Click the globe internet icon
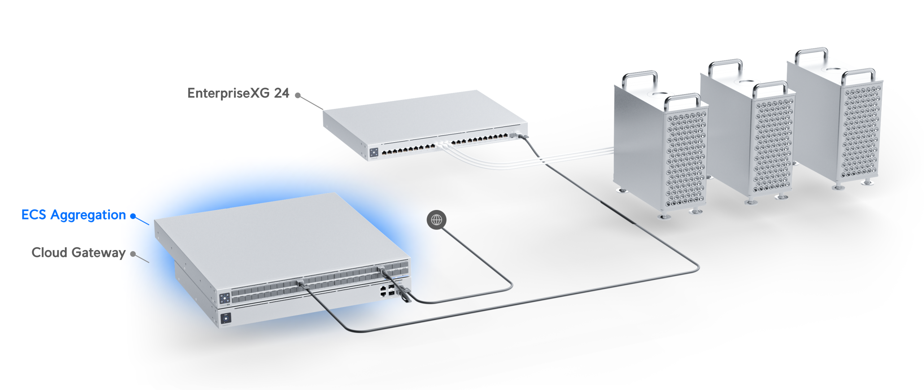click(x=436, y=220)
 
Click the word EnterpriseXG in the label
click(x=228, y=93)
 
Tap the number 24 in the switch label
click(x=282, y=93)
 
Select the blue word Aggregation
click(x=88, y=215)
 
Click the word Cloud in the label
click(x=49, y=253)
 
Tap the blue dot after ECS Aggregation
click(x=133, y=216)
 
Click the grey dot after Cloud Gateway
click(x=133, y=254)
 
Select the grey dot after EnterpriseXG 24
click(x=298, y=95)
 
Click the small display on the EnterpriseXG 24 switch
click(x=374, y=152)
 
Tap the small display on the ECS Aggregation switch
click(x=225, y=298)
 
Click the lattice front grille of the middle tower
click(x=773, y=144)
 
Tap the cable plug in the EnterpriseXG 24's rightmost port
click(x=522, y=136)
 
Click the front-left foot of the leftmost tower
click(x=663, y=216)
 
